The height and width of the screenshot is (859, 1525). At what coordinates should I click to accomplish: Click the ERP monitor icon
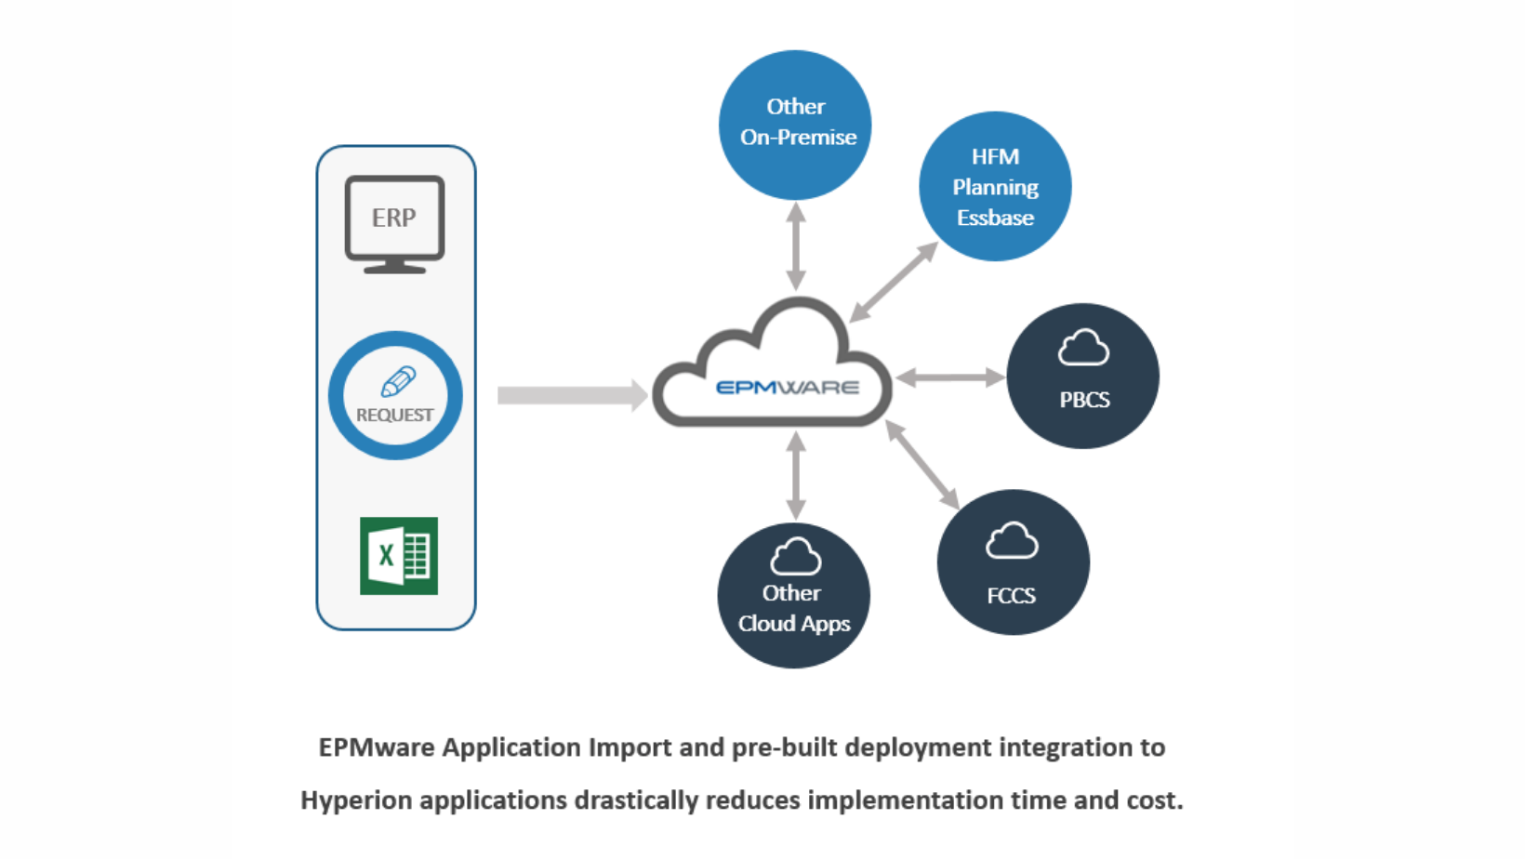[394, 223]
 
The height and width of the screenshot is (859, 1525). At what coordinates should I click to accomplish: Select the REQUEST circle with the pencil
[395, 395]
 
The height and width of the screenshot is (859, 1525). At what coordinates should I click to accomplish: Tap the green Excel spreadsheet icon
[399, 556]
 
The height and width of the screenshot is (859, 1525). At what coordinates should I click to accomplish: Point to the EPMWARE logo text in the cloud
[788, 387]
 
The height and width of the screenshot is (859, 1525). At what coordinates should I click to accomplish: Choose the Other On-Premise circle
[795, 125]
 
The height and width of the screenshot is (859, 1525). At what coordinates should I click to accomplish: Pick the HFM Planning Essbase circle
[995, 187]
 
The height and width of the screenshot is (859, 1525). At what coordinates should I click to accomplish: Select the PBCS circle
[1083, 377]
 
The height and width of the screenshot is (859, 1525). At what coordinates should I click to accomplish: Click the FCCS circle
[1013, 562]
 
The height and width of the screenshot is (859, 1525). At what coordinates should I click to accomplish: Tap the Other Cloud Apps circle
[793, 596]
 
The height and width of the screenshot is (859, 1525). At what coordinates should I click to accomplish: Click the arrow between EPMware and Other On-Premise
[796, 246]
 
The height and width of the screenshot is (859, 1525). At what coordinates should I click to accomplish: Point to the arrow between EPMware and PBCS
[949, 377]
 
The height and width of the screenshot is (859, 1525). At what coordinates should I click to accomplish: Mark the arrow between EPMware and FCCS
[922, 464]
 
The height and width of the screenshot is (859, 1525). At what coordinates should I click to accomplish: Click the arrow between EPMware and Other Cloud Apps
[796, 475]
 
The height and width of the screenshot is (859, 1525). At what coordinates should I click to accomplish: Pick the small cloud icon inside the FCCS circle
[1012, 540]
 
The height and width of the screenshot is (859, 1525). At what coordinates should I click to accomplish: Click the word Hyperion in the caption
[355, 800]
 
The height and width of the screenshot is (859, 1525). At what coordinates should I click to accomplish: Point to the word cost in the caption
[1155, 800]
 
